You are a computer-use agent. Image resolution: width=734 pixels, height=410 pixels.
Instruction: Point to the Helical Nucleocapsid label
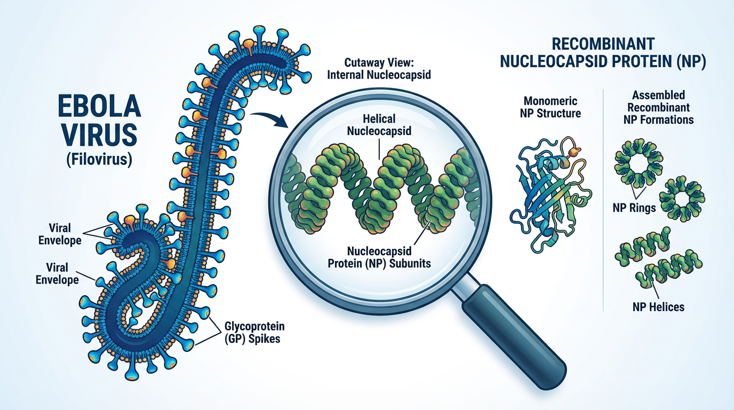[x=380, y=124]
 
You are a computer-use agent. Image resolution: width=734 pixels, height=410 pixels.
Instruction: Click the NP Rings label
[x=634, y=208]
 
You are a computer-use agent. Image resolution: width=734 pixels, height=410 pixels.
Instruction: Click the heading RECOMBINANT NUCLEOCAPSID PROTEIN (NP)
[x=603, y=52]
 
